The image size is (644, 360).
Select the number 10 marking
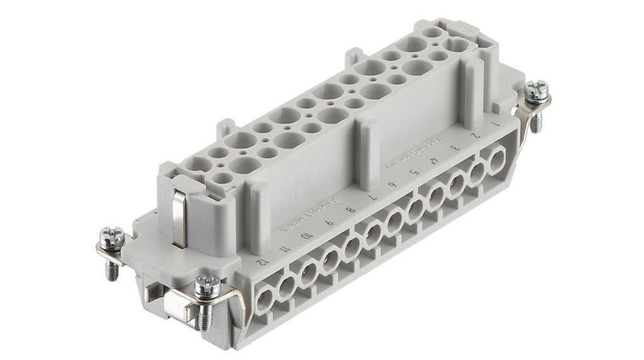306,235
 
